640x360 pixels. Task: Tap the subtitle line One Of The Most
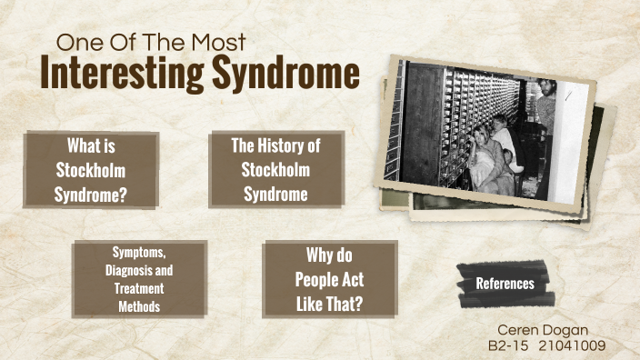click(151, 42)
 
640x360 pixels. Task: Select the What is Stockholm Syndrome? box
click(91, 169)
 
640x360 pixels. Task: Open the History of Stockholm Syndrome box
click(275, 169)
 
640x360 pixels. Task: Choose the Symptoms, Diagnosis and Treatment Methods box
click(139, 279)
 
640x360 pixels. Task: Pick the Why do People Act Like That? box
click(329, 279)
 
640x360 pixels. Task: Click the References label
click(505, 284)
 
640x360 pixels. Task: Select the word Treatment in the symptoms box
click(139, 288)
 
